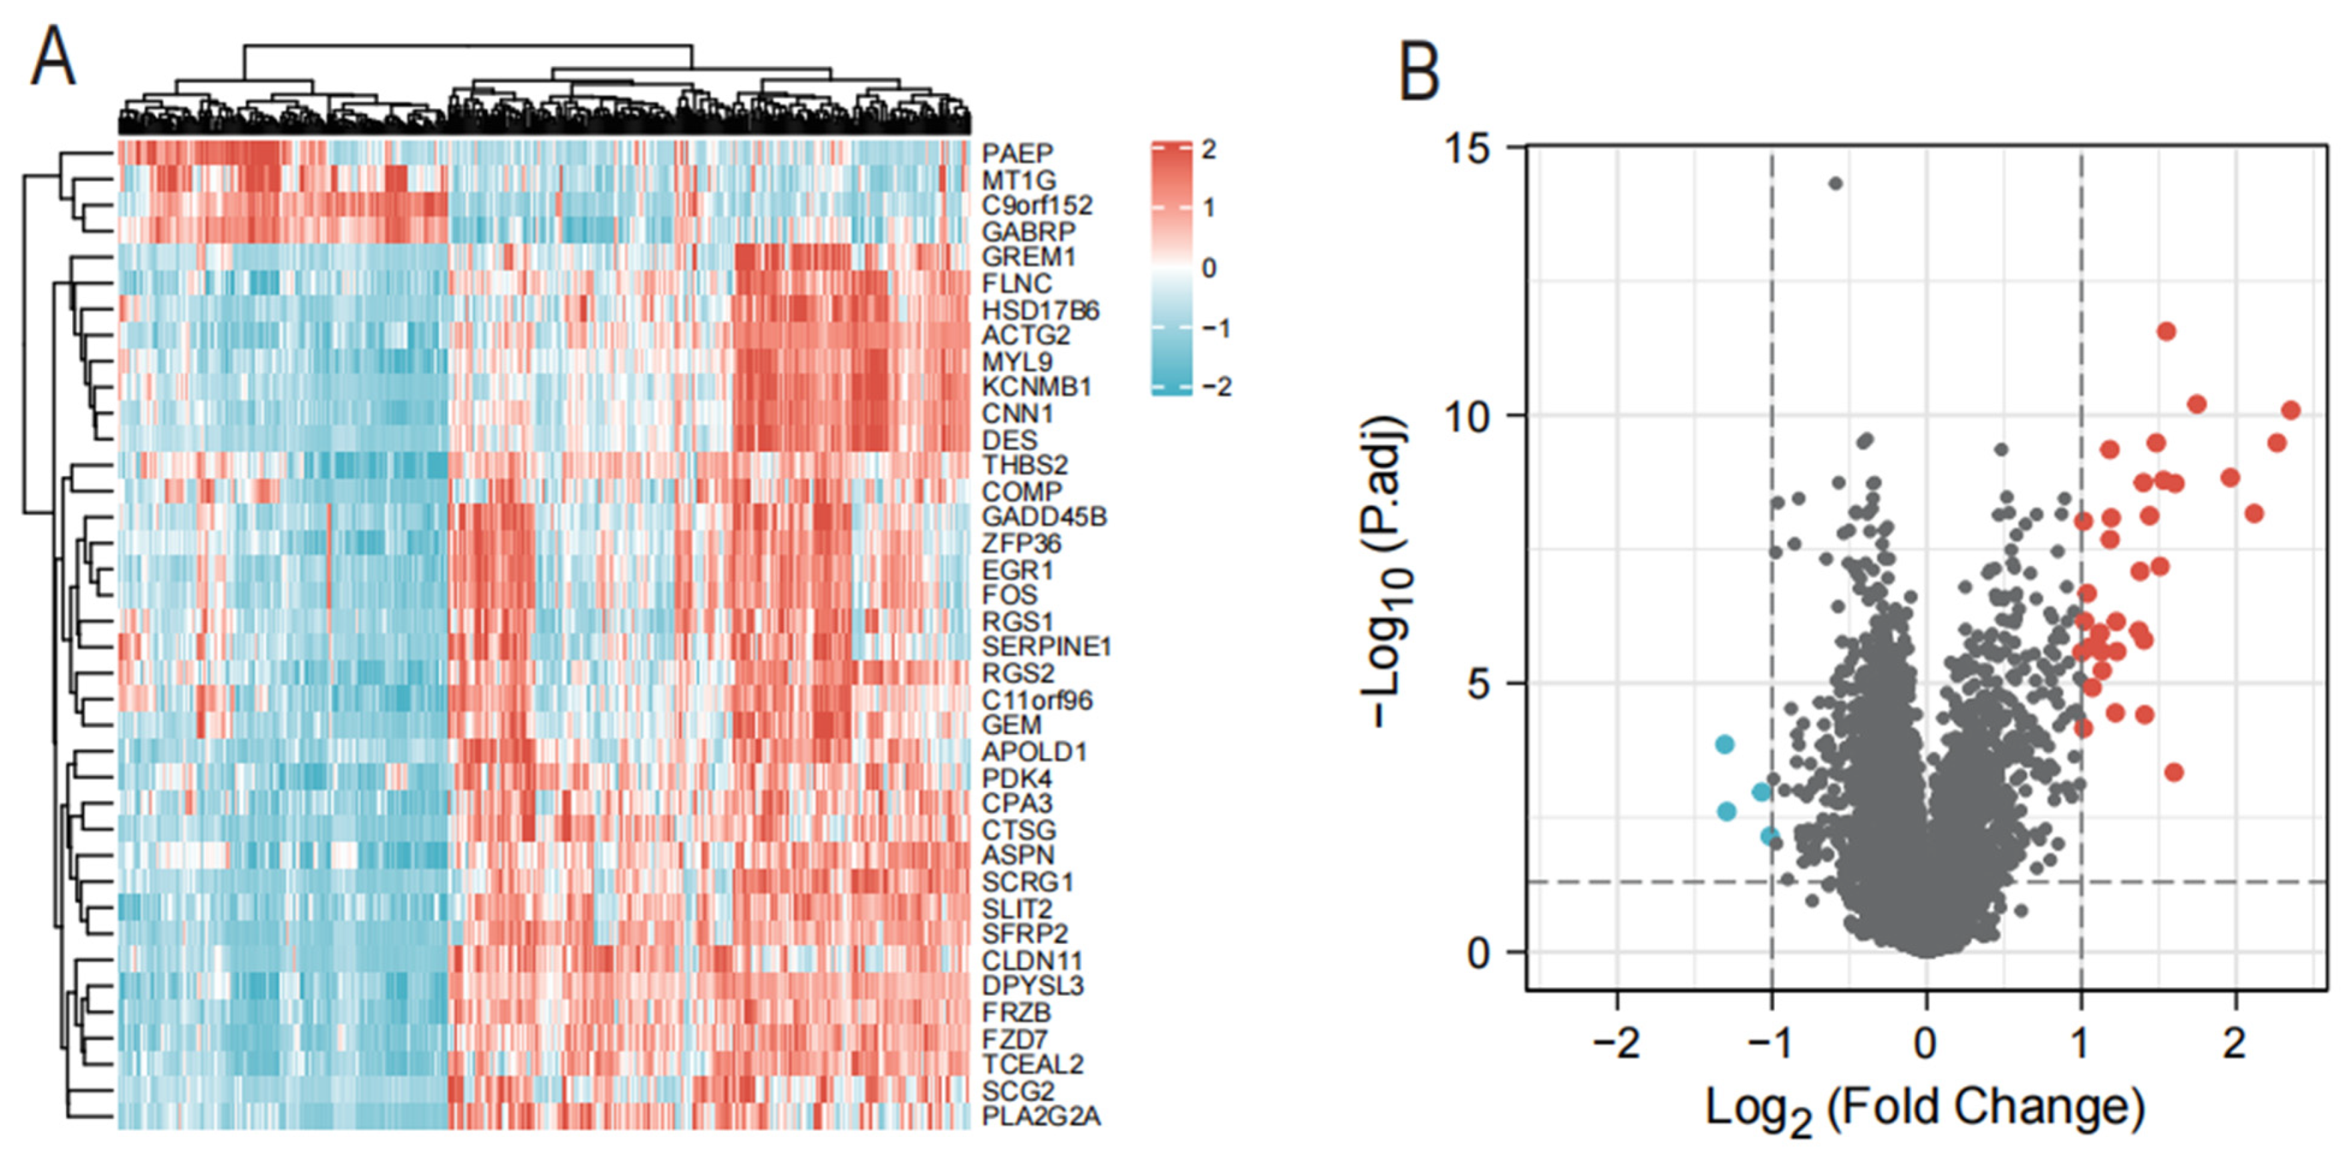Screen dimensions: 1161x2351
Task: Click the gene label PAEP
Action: [1016, 153]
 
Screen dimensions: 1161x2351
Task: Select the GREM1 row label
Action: [1028, 257]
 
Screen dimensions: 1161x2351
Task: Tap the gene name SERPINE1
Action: [1046, 647]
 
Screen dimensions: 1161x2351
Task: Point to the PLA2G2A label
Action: [1041, 1116]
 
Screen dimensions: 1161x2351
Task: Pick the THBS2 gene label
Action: [1024, 465]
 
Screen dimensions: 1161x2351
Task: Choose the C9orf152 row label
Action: [1036, 205]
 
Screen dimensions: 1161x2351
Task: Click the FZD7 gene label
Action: [1014, 1039]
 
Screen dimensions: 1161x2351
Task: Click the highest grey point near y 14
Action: [1835, 183]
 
